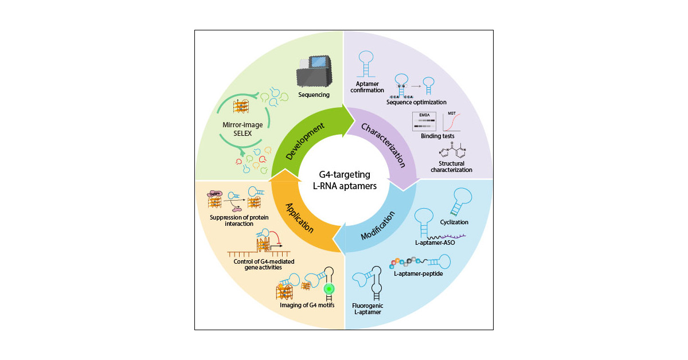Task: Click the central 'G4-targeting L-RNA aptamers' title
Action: click(344, 180)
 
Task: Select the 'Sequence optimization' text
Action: click(416, 102)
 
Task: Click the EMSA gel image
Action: click(425, 122)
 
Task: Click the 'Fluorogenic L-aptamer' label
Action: click(367, 310)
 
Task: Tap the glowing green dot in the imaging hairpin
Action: click(329, 288)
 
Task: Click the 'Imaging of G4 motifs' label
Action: click(303, 304)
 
